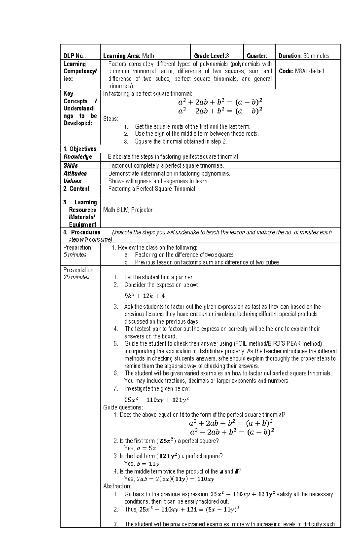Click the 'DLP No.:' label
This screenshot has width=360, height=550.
click(x=74, y=56)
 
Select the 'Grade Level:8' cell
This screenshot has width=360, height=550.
click(x=211, y=56)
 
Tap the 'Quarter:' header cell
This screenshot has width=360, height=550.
click(x=257, y=56)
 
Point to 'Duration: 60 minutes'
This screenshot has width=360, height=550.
click(x=304, y=56)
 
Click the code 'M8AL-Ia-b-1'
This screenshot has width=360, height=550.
click(x=310, y=71)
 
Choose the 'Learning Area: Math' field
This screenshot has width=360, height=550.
click(x=129, y=56)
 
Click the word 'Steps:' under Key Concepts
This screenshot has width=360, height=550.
click(x=111, y=119)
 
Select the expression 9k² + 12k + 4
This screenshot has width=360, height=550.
click(x=145, y=296)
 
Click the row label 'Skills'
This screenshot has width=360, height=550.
click(x=71, y=165)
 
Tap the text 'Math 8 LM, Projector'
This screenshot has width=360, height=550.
click(x=128, y=210)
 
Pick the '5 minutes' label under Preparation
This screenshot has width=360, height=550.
click(x=75, y=255)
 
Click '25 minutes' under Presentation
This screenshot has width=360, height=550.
click(x=76, y=277)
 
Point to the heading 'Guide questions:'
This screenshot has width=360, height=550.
click(x=123, y=407)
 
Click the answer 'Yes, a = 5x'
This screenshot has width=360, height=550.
click(x=140, y=448)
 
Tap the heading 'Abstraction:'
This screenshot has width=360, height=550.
click(x=117, y=486)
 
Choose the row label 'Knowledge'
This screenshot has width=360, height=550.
click(x=78, y=156)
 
